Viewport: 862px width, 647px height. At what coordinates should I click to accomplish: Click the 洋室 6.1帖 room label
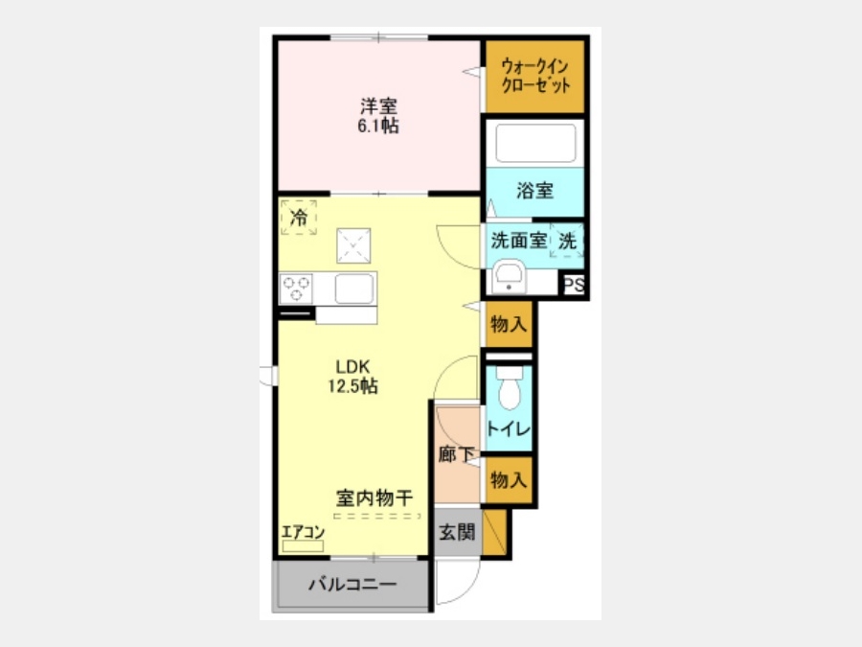pos(378,116)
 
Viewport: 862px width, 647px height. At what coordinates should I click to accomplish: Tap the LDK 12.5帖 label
pos(352,377)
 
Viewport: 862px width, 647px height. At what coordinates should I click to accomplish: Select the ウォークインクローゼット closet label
pos(534,76)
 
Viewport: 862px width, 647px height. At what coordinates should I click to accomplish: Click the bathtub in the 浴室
pos(535,143)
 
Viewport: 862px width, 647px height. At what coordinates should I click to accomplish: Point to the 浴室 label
pos(534,191)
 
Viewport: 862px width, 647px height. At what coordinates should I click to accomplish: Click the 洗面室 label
pos(518,241)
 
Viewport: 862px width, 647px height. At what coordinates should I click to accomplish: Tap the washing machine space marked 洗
pos(567,241)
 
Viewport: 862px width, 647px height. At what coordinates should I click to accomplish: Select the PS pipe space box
pos(574,285)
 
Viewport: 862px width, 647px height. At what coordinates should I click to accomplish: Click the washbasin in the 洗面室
pos(509,277)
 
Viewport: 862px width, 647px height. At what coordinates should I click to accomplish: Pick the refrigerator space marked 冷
pos(299,218)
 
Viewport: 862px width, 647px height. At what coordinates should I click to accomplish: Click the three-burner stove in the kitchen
pos(296,289)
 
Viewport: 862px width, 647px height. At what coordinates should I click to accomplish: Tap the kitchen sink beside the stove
pos(354,289)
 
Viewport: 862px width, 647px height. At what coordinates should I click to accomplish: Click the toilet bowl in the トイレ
pos(510,388)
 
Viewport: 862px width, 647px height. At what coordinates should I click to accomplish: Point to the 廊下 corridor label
pos(457,454)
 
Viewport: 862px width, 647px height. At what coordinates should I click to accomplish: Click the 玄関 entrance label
pos(458,532)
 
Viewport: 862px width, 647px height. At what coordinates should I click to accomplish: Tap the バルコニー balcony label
pos(352,584)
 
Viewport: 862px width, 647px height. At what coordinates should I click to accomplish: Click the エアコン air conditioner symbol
pos(303,545)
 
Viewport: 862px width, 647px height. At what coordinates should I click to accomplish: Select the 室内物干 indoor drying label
pos(374,497)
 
